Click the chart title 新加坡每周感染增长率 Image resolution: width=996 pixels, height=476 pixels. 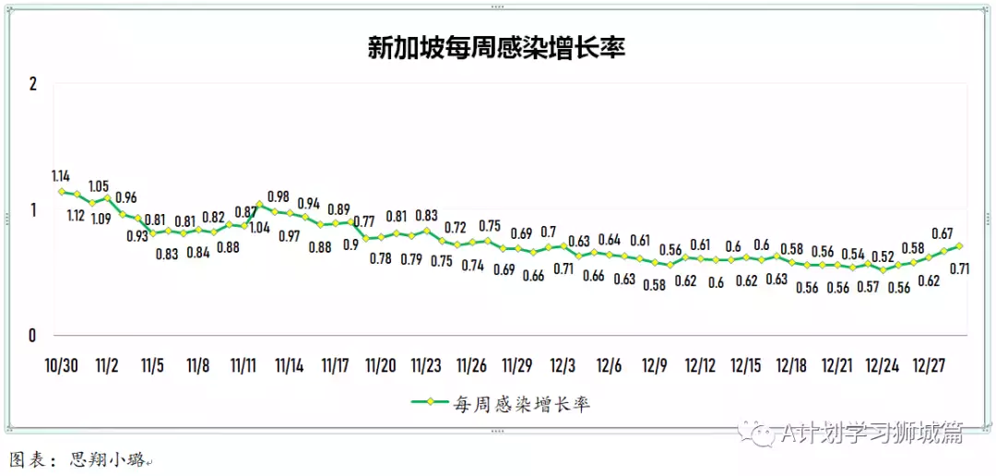[x=497, y=48]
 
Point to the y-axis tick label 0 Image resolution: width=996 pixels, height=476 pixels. [x=32, y=335]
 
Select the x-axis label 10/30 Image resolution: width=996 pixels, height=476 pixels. [x=61, y=365]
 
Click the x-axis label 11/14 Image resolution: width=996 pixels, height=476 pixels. [x=290, y=365]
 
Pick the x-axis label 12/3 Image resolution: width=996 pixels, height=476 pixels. [x=563, y=365]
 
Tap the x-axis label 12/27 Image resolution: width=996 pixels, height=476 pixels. [x=928, y=365]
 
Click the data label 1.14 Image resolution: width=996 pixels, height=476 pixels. [x=61, y=175]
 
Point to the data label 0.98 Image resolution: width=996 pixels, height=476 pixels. [x=279, y=196]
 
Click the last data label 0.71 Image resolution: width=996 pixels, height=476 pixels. [x=959, y=268]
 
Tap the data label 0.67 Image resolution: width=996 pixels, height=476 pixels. [x=943, y=232]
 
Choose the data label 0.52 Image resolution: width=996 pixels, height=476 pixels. [x=883, y=256]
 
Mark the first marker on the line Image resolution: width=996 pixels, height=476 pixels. [x=62, y=192]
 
